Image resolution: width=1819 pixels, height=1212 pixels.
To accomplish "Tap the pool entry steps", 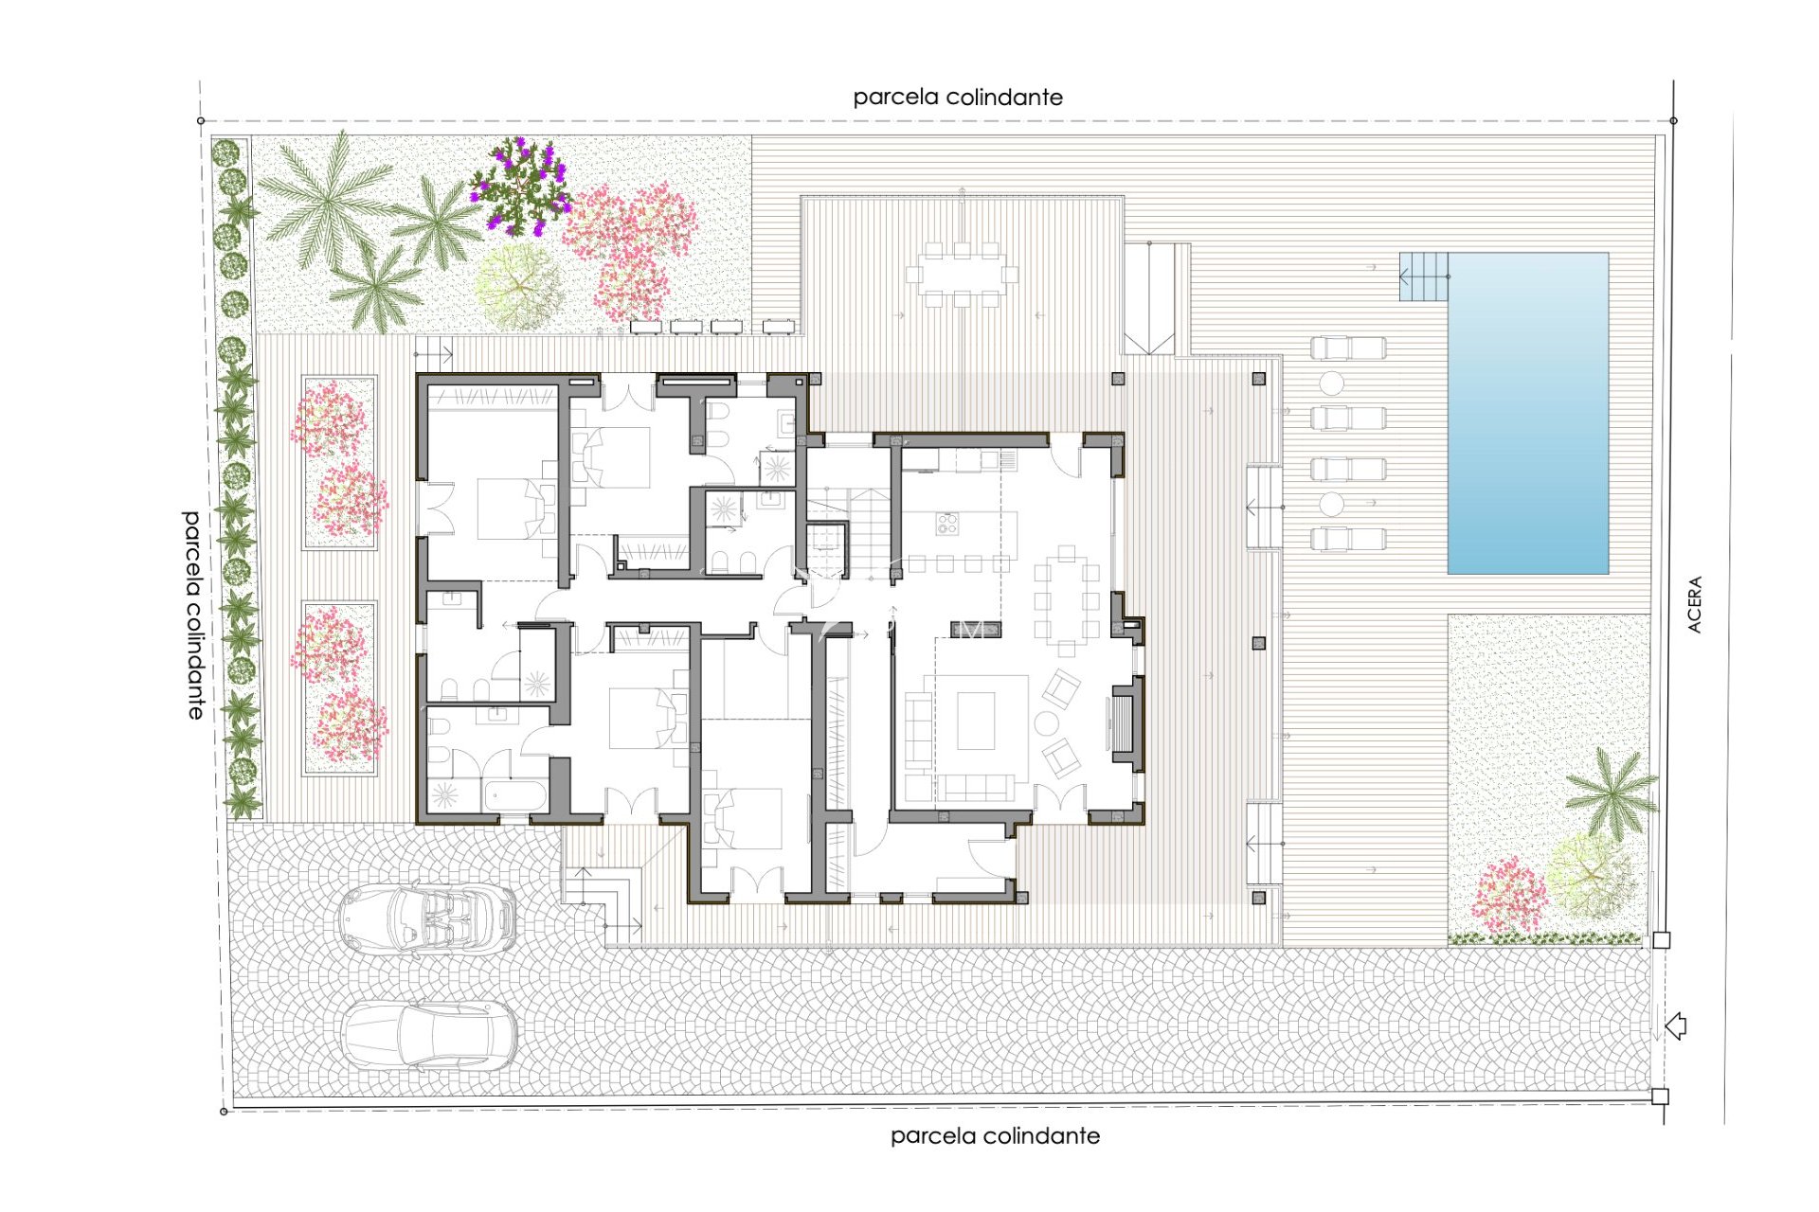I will click(1423, 276).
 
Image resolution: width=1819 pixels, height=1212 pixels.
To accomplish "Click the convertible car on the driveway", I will click(427, 918).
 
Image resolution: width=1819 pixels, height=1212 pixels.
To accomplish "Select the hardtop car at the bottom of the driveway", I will click(429, 1034).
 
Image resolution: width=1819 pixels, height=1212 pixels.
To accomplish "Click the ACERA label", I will click(1695, 604).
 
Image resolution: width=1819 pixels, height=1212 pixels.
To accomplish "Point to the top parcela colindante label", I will click(957, 97).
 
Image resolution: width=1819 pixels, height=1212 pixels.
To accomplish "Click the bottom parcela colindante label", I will click(995, 1135).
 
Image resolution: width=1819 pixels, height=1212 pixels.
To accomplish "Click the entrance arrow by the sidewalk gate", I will click(1675, 1025).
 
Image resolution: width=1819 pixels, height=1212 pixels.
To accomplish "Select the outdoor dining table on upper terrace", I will click(962, 275).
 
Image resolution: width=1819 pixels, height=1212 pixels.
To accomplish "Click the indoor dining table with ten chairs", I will click(1067, 600).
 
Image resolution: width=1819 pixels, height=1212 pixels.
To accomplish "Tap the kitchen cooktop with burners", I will click(946, 523).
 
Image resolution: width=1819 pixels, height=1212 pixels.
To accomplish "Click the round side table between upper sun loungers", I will click(1332, 383).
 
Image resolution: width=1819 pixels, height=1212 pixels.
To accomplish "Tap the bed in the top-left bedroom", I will click(510, 508).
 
